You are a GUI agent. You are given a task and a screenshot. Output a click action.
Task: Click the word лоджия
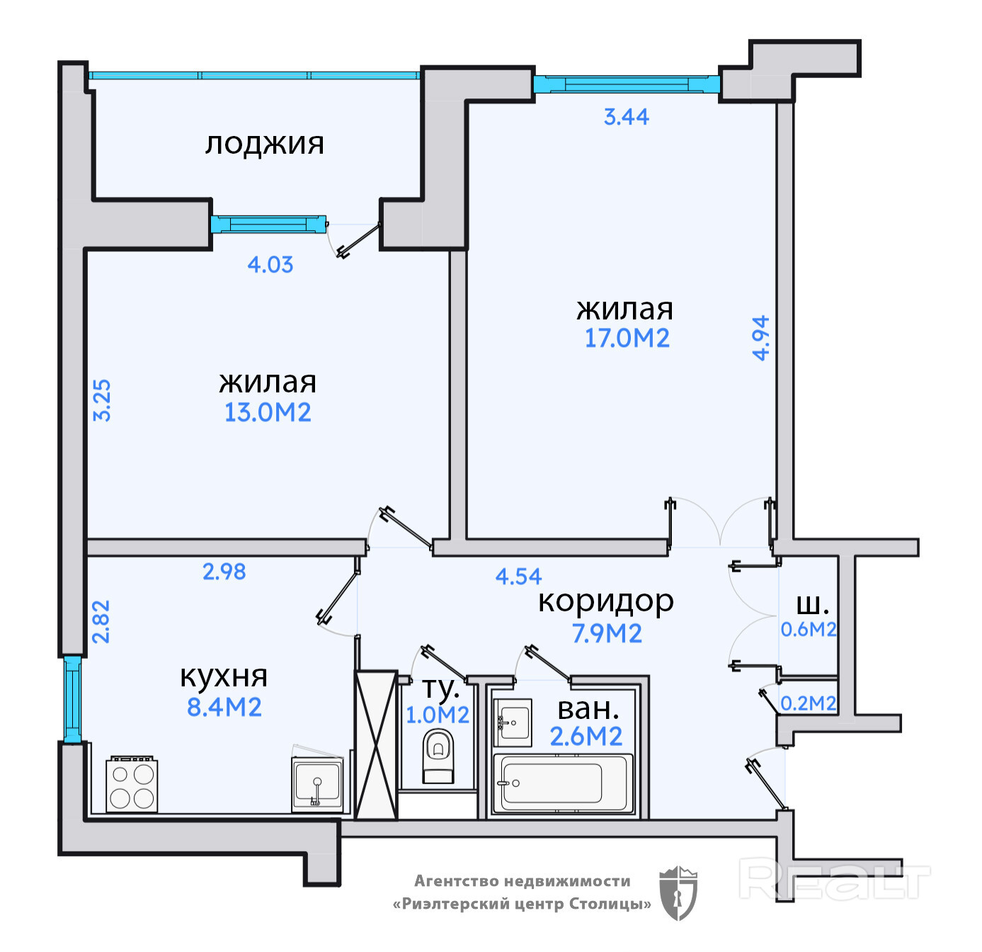pos(264,145)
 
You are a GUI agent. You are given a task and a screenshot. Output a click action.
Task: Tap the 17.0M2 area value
pos(627,338)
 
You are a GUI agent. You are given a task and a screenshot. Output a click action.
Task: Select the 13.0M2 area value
pos(268,412)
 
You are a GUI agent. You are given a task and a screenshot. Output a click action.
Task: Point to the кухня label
pos(224,676)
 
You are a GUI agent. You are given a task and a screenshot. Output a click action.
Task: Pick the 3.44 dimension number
pos(627,117)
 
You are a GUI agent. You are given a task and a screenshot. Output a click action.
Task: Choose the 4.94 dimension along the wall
pos(760,338)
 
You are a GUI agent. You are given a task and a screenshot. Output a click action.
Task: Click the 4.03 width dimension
pos(270,265)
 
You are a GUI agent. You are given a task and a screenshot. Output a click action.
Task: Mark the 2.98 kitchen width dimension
pos(224,572)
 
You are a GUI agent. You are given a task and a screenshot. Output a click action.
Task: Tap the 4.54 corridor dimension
pos(518,577)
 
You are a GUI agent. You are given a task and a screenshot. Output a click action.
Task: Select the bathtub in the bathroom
pos(563,783)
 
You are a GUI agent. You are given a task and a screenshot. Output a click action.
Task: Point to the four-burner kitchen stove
pos(132,784)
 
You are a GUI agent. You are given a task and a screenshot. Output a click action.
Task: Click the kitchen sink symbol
pos(317,781)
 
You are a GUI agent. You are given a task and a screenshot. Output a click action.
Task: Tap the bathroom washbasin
pos(512,722)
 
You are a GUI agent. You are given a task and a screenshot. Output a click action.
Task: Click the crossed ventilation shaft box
pos(376,745)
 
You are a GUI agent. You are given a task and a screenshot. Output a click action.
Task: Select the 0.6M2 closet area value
pos(809,630)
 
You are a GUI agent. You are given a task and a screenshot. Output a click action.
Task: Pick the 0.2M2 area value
pos(809,703)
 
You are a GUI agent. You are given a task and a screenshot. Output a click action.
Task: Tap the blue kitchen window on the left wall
pos(73,700)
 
